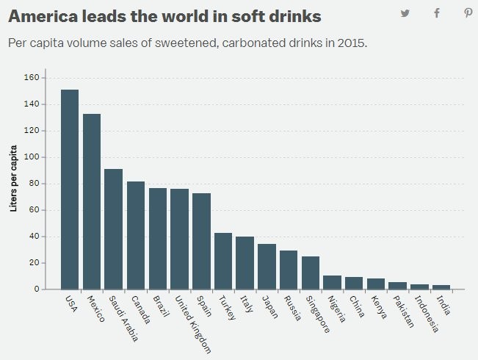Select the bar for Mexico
[x=92, y=201]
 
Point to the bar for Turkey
[x=223, y=261]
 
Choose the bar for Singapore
[x=311, y=273]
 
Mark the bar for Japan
[x=267, y=267]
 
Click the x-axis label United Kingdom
[x=192, y=324]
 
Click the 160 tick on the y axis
[x=32, y=78]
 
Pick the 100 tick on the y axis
[x=32, y=157]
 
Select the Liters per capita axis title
[x=13, y=179]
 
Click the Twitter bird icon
[x=405, y=12]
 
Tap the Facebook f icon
[x=437, y=12]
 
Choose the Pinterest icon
[x=468, y=12]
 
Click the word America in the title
[x=43, y=15]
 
